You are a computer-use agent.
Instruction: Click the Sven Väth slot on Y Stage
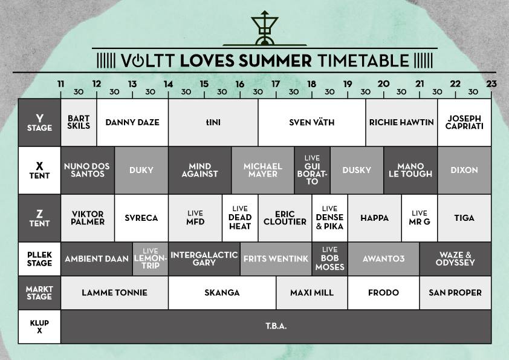point(312,122)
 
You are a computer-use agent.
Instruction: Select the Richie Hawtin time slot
point(401,122)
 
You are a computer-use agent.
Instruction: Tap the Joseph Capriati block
point(464,122)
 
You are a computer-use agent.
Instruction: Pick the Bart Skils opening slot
point(79,122)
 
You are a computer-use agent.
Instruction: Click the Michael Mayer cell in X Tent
point(263,170)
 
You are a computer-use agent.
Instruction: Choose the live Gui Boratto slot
point(313,170)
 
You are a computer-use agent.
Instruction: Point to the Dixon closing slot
point(464,170)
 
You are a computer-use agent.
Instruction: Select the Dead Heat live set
point(240,218)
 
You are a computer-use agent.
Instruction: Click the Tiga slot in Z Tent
point(464,218)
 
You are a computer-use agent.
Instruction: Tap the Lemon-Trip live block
point(151,259)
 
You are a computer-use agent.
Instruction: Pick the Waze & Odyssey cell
point(455,259)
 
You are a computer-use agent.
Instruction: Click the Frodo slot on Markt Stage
point(383,293)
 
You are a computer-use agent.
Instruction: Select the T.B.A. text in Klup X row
point(276,326)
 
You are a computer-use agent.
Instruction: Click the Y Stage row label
point(40,122)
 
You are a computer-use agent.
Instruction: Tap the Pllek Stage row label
point(40,259)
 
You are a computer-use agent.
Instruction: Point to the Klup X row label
point(40,327)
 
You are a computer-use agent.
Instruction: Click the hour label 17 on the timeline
point(276,84)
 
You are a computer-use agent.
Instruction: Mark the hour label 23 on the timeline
point(491,84)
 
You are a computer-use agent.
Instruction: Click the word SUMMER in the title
point(275,61)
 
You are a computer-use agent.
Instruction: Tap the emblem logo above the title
point(265,28)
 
